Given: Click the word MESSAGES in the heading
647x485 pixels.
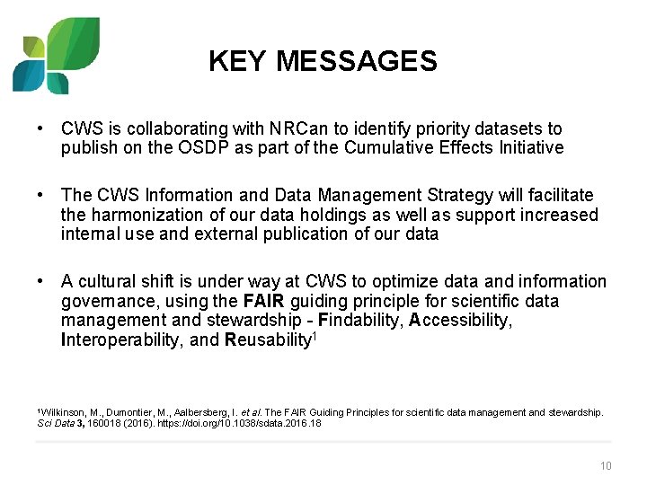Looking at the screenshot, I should tap(357, 62).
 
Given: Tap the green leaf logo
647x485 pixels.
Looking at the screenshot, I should tap(56, 56).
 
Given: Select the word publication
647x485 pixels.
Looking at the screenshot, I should tap(334, 234).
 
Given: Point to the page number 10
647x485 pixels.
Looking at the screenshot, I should tap(605, 465).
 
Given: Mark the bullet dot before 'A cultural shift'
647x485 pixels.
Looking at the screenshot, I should tap(40, 282).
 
